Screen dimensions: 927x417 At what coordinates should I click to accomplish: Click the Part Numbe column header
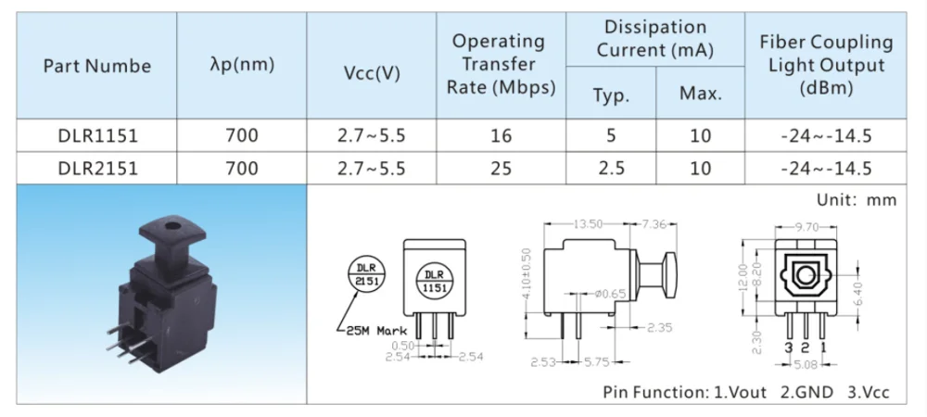96,67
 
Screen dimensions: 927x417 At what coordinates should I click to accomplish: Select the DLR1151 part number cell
97,136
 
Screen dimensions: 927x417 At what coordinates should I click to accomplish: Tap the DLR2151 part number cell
97,168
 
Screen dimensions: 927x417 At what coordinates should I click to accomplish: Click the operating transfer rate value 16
501,136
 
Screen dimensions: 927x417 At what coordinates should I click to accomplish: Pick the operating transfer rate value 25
501,168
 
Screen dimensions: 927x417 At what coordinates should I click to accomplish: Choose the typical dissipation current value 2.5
610,168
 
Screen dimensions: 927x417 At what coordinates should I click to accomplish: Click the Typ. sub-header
610,94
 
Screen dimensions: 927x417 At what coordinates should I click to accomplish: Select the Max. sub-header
700,94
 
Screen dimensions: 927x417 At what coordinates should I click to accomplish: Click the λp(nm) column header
242,67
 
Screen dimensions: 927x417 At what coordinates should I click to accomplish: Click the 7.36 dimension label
661,223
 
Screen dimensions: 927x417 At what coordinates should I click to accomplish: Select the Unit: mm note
856,200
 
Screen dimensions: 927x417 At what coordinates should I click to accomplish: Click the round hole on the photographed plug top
170,224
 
